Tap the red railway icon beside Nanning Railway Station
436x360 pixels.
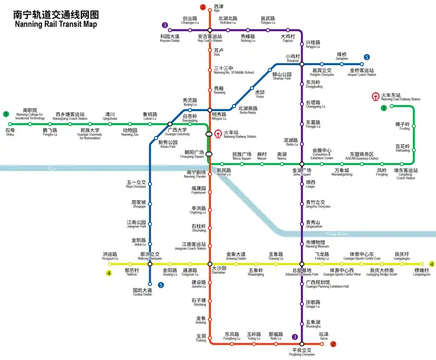tap(218, 134)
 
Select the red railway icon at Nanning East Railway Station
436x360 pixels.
tap(376, 97)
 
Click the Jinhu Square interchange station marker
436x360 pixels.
tap(302, 164)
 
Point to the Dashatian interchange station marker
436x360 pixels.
tap(209, 263)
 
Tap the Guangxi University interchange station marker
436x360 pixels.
tap(170, 124)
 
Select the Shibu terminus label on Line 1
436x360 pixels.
tap(10, 132)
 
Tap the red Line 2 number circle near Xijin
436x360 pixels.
tap(203, 8)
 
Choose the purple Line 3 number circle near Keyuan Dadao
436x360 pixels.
tap(166, 25)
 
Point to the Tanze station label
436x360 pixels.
tap(324, 336)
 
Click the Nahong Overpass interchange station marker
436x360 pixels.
tap(149, 263)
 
